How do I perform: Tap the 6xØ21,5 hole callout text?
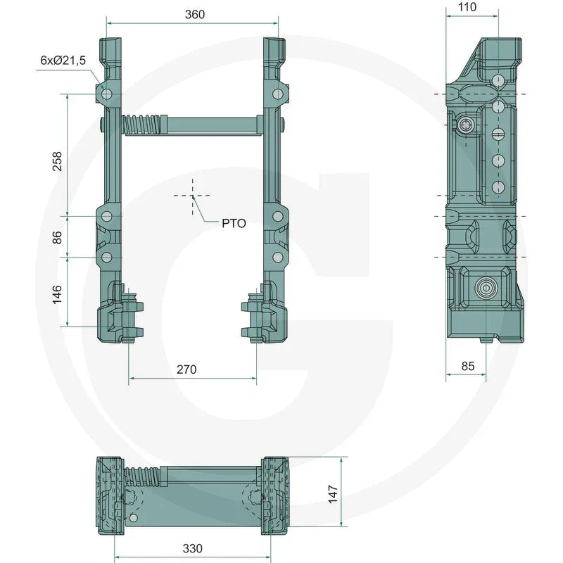pyautogui.click(x=63, y=61)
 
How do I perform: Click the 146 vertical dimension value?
pyautogui.click(x=57, y=291)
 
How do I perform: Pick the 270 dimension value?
pyautogui.click(x=186, y=369)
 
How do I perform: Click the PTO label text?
pyautogui.click(x=234, y=223)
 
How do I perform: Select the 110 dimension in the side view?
pyautogui.click(x=467, y=7)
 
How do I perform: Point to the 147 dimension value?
pyautogui.click(x=333, y=490)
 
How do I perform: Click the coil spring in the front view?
pyautogui.click(x=144, y=127)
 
